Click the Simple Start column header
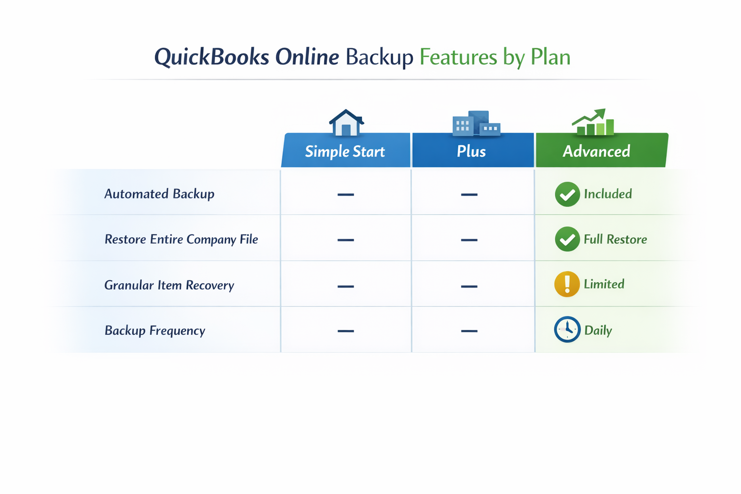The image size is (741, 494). (345, 151)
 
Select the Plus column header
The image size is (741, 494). (471, 151)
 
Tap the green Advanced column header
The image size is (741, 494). (596, 151)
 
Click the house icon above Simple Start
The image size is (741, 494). (346, 123)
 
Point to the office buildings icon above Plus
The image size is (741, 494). (476, 123)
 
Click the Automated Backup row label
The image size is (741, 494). (159, 194)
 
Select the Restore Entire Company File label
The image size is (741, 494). (181, 239)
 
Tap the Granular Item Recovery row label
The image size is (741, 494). (169, 285)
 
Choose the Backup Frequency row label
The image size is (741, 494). (155, 330)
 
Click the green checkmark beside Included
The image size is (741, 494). (567, 194)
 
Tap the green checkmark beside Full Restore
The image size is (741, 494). (567, 239)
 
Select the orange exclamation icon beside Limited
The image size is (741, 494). (567, 284)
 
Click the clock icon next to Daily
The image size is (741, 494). (567, 329)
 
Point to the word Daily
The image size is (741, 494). (598, 330)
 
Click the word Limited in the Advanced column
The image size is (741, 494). (604, 284)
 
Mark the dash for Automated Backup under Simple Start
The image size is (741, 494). (345, 194)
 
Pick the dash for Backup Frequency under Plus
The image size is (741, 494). (469, 331)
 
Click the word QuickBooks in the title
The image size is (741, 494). (211, 57)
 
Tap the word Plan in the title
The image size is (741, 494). (550, 57)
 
